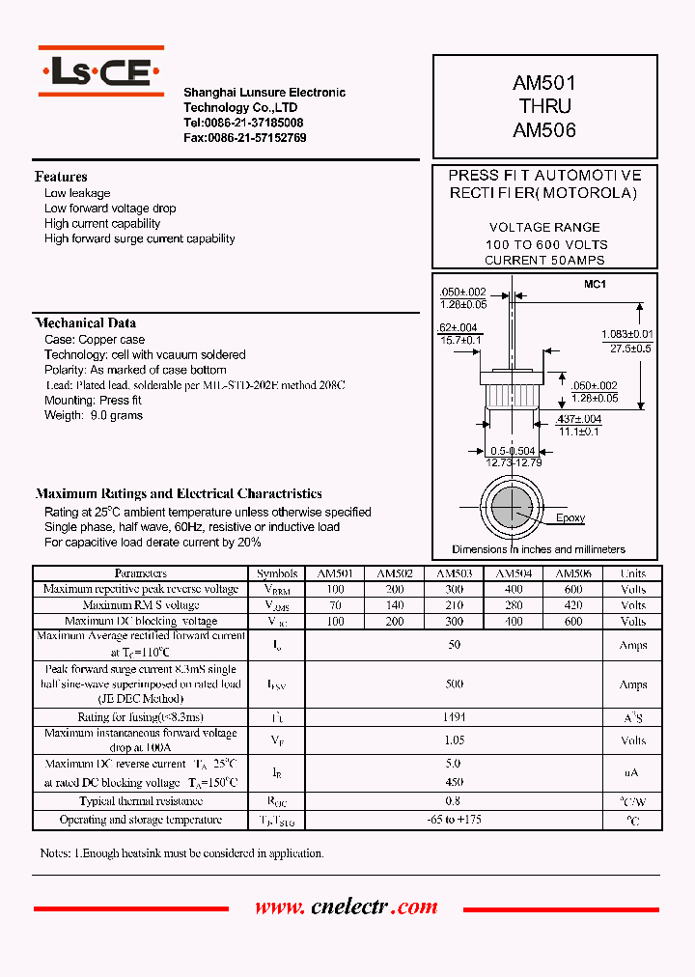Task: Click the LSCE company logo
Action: pos(99,70)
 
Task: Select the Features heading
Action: pos(61,177)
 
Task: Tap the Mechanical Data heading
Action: pos(86,323)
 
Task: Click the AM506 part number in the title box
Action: pos(544,130)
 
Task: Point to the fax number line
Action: pos(245,138)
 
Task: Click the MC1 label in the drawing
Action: pos(594,285)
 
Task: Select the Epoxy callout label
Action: pos(570,518)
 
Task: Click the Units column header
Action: pos(633,573)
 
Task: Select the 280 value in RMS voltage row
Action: pos(514,605)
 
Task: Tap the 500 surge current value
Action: pos(454,684)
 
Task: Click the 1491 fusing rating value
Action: pos(454,717)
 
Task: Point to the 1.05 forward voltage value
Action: pos(454,740)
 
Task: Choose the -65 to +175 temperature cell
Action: pos(454,820)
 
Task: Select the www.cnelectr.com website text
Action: pos(346,907)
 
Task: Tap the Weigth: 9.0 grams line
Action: pos(94,416)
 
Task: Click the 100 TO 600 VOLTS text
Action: pos(545,245)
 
